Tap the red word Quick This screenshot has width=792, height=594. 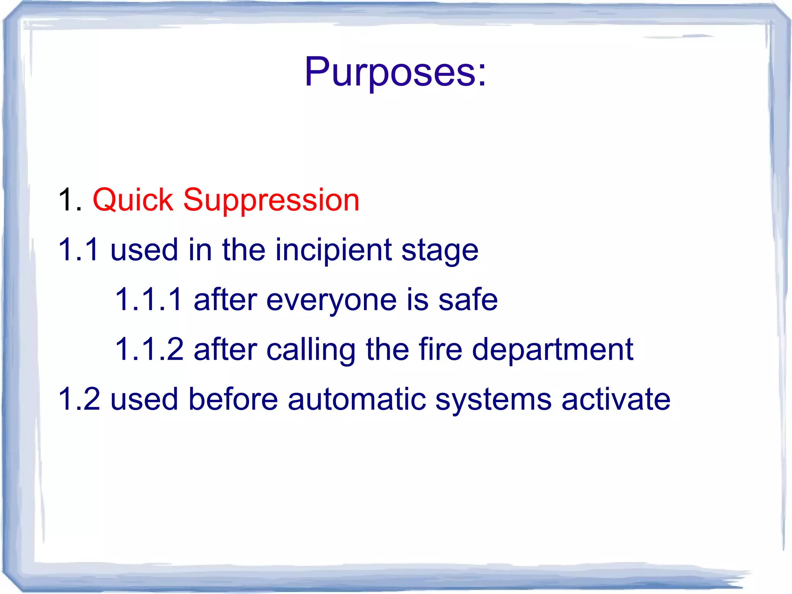[133, 200]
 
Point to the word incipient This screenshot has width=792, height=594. [333, 251]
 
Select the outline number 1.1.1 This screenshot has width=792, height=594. [149, 300]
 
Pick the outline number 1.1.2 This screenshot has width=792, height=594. [149, 349]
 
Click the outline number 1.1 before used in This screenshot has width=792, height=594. [79, 250]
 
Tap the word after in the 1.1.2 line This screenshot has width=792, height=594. [225, 349]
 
